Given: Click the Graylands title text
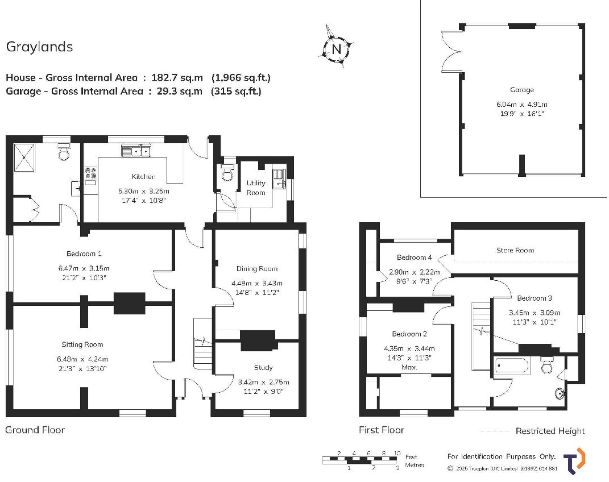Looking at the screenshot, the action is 40,47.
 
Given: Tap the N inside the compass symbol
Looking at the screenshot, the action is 337,49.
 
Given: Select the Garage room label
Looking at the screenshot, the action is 521,90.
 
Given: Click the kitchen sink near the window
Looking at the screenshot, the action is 135,150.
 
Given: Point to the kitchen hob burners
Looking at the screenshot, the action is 91,173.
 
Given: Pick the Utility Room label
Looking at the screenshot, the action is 255,188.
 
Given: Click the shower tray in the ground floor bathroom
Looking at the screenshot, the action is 24,157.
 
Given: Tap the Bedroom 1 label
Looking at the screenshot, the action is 84,254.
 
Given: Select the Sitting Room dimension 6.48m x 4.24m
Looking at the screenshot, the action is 82,359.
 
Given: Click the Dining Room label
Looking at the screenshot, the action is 256,268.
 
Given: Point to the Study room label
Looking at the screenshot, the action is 263,367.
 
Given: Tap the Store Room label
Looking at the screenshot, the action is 515,250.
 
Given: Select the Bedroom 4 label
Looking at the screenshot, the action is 414,257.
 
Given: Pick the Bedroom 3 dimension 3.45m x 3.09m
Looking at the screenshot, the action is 535,313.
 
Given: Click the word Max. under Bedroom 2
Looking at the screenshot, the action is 409,367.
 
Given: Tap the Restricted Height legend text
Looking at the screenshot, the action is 550,431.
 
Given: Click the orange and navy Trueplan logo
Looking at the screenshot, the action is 574,462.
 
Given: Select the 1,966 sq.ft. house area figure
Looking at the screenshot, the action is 241,78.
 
